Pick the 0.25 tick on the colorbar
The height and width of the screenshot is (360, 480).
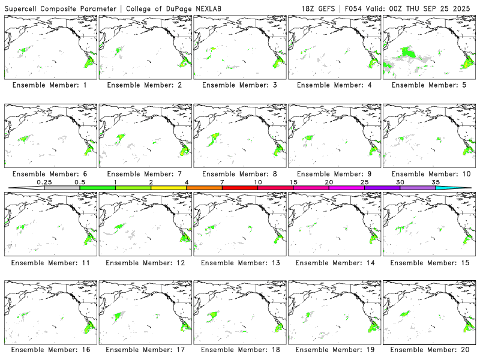[44, 182]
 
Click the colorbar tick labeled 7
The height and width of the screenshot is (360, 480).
[222, 182]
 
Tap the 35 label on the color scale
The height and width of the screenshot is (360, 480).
[436, 182]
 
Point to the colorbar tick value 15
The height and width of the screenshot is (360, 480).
[293, 182]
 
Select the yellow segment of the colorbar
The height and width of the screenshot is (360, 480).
[169, 188]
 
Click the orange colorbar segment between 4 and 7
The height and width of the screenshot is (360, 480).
[204, 188]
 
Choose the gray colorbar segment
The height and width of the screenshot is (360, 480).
[62, 188]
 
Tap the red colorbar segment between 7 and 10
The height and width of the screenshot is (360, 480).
[240, 188]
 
